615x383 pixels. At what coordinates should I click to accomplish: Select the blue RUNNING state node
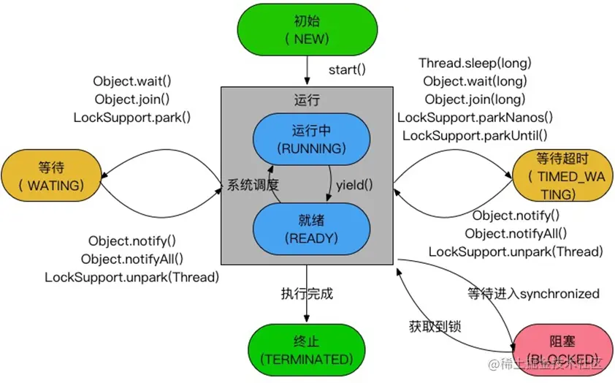307,139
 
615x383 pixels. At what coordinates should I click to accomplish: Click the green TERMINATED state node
307,351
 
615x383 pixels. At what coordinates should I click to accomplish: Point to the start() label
346,72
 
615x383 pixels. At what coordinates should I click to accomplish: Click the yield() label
354,185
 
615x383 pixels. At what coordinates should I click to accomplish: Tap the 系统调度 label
253,185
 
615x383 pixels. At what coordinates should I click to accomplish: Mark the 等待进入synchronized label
533,294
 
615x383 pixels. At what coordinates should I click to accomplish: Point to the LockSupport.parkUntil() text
475,135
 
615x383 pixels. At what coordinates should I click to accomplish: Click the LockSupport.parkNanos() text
475,117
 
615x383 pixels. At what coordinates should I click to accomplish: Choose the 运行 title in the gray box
307,100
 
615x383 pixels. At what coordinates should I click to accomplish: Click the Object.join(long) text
475,99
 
